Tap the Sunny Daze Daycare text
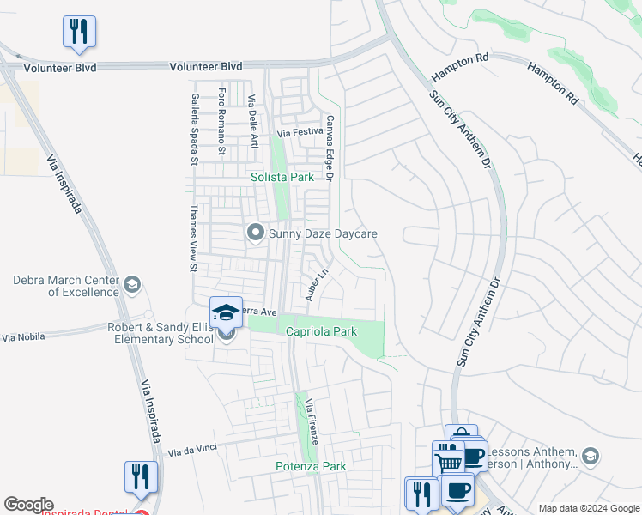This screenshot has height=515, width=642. point(324,233)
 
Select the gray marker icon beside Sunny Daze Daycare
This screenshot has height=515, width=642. point(255,233)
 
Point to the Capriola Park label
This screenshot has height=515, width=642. point(321,331)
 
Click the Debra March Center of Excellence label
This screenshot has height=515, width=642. point(66,286)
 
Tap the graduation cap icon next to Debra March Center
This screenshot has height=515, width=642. point(131,284)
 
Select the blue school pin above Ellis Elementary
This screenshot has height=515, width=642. point(226,312)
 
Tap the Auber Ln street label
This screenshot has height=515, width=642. point(318,285)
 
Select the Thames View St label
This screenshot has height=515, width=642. point(193,238)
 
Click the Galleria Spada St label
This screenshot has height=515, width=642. point(195,129)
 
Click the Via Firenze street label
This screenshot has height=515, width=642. point(312,421)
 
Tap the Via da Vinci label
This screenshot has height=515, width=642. point(193,450)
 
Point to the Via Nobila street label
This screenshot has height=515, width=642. point(21,338)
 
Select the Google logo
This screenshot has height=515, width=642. point(29,505)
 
